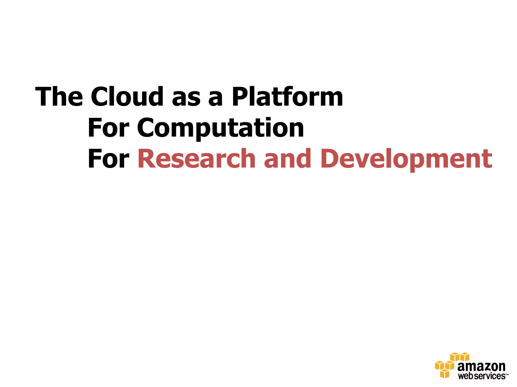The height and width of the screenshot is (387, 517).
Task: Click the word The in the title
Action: click(59, 97)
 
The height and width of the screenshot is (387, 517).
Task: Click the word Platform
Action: click(287, 97)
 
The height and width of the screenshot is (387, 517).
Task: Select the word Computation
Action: click(221, 128)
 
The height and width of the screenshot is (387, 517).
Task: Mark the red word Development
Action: click(406, 159)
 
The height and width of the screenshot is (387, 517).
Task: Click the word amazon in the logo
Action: click(481, 367)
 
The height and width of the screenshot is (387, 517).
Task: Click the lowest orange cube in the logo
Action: click(445, 374)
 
